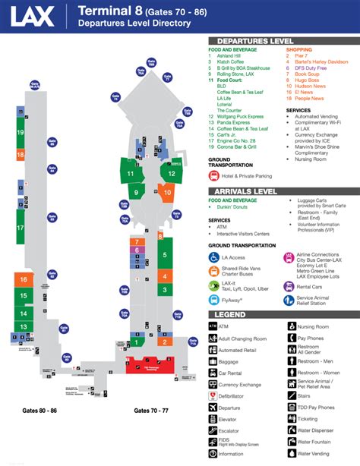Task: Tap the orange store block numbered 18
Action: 20,155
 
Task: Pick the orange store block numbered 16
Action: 24,280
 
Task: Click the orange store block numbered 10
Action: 167,193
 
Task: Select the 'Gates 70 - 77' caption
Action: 150,410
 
